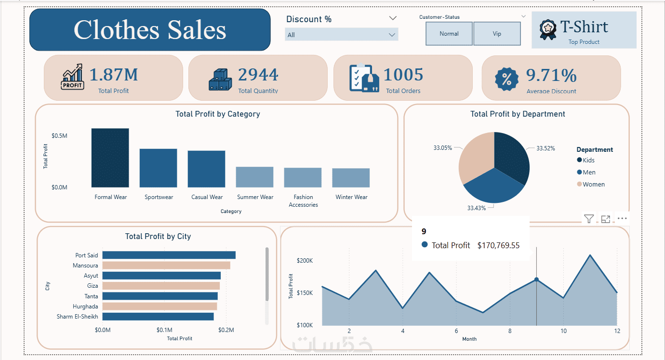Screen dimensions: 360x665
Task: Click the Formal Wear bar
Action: (x=110, y=158)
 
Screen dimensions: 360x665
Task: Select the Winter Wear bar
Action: (x=351, y=178)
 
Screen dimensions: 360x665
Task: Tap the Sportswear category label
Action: (x=159, y=197)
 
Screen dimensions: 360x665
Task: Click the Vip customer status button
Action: (x=497, y=34)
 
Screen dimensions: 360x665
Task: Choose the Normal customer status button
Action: (x=449, y=34)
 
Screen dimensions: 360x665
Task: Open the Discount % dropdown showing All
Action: (x=341, y=35)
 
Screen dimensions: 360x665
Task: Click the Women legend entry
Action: (x=593, y=185)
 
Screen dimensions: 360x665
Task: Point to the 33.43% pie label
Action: (x=476, y=208)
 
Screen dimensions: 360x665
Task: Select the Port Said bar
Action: (x=169, y=255)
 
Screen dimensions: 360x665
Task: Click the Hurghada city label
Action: (x=85, y=307)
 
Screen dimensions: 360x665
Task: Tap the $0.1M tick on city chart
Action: (x=164, y=330)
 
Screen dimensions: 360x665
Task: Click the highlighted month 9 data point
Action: (x=536, y=280)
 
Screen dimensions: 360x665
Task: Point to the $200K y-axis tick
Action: (x=305, y=261)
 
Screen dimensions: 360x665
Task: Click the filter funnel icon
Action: (x=589, y=219)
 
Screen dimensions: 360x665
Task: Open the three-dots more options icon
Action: (x=622, y=219)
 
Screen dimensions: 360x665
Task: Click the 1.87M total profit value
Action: (x=114, y=75)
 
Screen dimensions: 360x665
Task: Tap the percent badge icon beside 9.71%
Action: (x=506, y=80)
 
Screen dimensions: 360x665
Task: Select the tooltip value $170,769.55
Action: (x=498, y=245)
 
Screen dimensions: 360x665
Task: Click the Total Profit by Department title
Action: (x=518, y=114)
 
